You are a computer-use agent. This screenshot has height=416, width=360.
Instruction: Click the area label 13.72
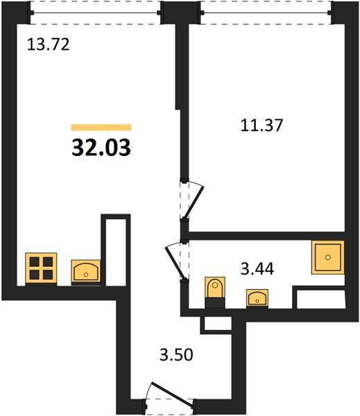click(49, 44)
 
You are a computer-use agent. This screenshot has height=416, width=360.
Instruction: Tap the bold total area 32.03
click(101, 148)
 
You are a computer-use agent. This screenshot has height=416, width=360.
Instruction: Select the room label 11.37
click(262, 125)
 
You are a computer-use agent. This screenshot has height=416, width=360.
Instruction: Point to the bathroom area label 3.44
click(257, 269)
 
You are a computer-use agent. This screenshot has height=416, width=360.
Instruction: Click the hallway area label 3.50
click(176, 355)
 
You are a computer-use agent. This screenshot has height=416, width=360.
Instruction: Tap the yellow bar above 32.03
click(101, 128)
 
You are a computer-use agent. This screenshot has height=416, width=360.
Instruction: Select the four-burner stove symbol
click(41, 269)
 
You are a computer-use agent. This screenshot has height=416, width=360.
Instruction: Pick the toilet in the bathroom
click(215, 293)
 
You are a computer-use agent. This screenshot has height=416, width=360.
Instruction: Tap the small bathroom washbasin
click(257, 299)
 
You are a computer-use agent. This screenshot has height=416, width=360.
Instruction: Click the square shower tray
click(328, 257)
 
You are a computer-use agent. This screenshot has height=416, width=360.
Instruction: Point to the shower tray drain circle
click(328, 257)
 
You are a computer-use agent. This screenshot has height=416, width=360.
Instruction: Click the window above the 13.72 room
click(95, 12)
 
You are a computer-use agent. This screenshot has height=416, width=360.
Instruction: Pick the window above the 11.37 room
click(266, 12)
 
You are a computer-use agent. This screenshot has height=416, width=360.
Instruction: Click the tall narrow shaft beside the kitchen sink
click(116, 252)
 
